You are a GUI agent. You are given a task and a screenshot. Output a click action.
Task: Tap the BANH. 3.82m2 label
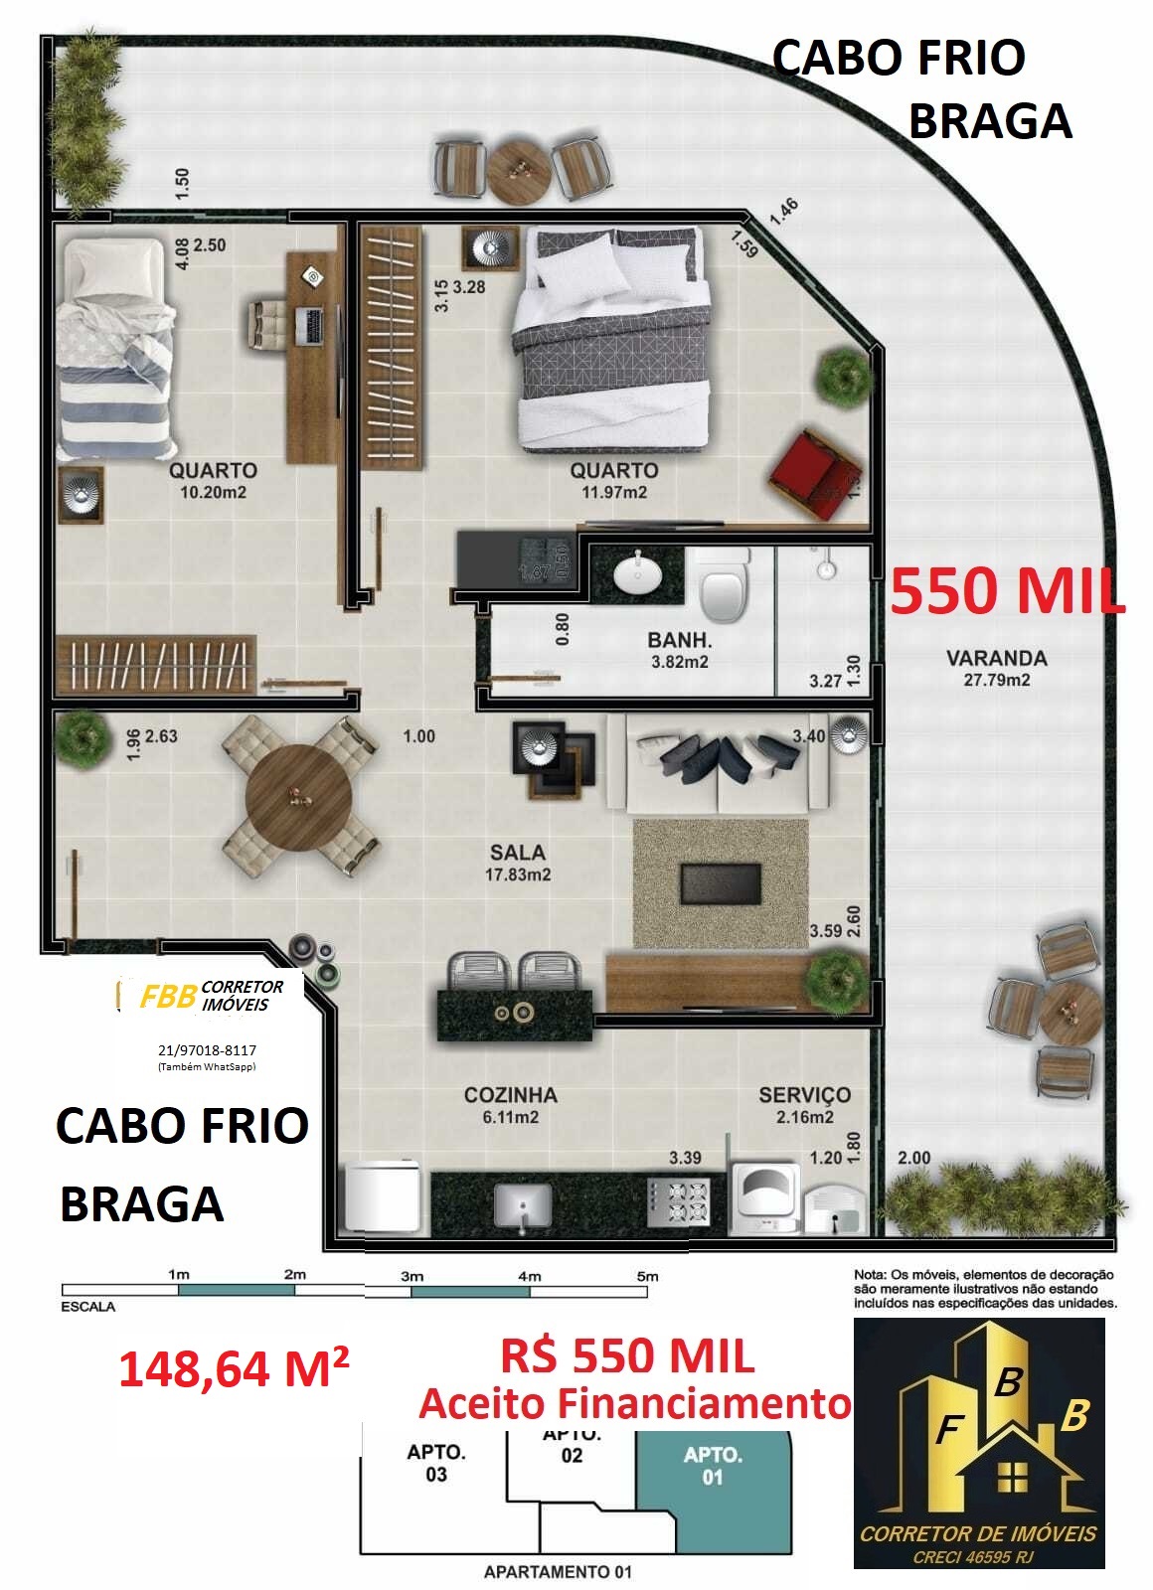(680, 651)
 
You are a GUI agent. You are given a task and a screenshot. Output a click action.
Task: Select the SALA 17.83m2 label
(518, 863)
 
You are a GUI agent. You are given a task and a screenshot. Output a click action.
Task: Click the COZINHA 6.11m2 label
(510, 1105)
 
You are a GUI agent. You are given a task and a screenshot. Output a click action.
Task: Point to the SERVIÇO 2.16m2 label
(804, 1105)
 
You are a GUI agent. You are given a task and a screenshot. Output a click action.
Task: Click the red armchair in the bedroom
(814, 473)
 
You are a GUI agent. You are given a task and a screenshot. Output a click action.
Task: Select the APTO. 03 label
(436, 1463)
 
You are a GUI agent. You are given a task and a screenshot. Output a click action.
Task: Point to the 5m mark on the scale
(647, 1276)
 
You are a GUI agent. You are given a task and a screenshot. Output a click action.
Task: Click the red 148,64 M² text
(234, 1369)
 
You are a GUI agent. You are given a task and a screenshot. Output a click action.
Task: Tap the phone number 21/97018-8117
(207, 1049)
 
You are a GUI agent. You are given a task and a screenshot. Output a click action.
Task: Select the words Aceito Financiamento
(634, 1404)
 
